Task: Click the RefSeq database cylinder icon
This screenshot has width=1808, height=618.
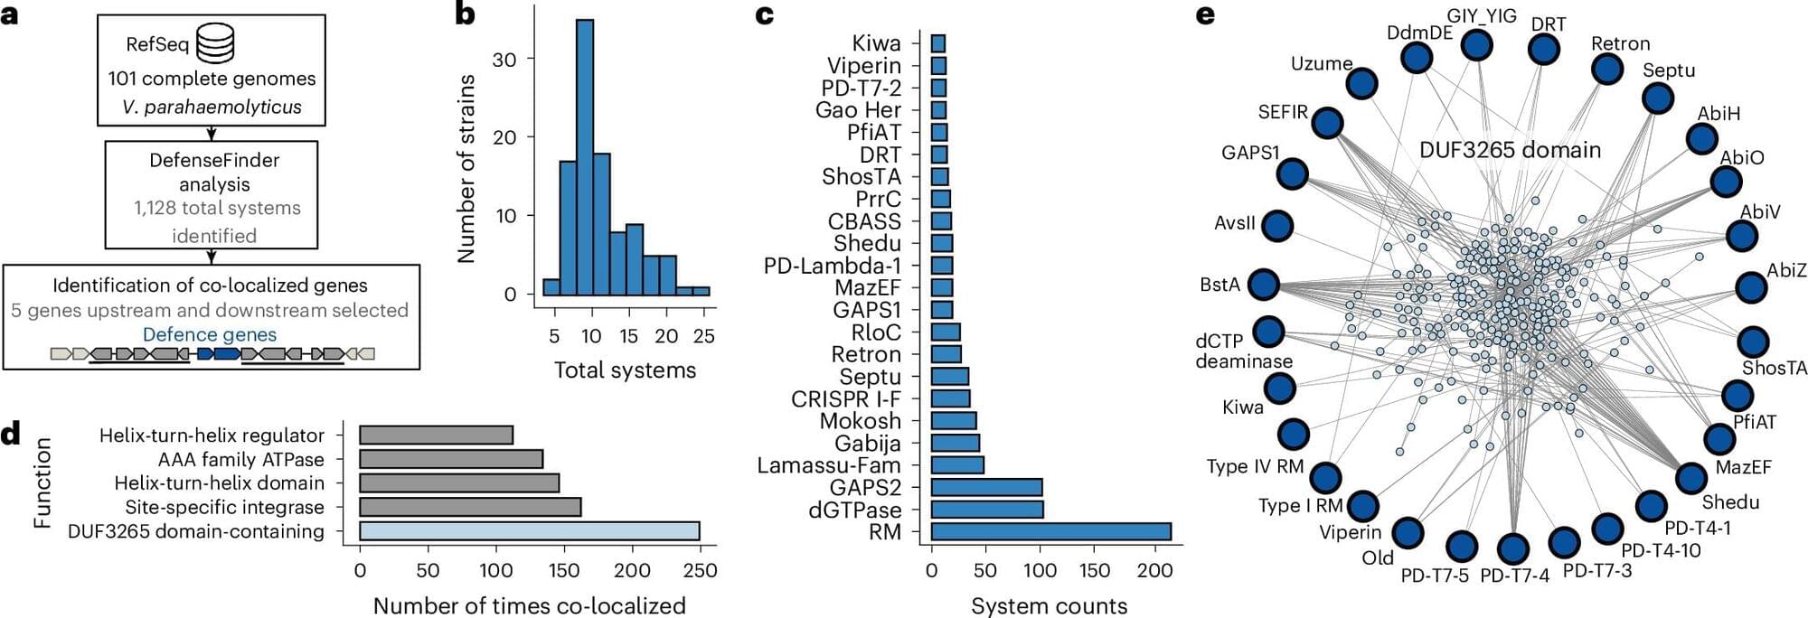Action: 215,42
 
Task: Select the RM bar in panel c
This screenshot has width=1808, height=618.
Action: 1050,531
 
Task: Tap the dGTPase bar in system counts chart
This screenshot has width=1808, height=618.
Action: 987,510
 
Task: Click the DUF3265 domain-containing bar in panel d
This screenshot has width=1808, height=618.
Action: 529,531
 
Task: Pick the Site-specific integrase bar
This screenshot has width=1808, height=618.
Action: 470,507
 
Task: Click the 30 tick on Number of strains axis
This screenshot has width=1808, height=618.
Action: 504,60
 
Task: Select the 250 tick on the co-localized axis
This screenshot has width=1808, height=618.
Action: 699,570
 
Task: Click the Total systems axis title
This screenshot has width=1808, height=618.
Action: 625,370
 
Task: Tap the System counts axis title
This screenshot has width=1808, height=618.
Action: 1049,605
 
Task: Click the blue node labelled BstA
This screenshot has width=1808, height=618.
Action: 1263,285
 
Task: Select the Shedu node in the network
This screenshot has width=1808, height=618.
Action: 1690,478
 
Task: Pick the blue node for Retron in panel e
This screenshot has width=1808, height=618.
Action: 1607,69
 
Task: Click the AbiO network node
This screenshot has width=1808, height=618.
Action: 1727,182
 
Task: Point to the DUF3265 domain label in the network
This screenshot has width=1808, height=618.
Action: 1510,150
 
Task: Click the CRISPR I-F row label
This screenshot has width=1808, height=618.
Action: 845,399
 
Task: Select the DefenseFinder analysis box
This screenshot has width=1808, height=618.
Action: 212,194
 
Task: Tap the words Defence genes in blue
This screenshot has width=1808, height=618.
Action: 210,334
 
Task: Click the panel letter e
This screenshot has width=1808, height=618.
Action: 1204,15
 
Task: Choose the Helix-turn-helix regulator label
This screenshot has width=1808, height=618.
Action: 212,435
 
